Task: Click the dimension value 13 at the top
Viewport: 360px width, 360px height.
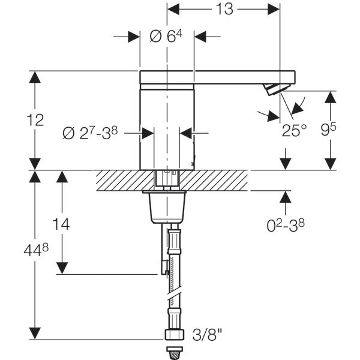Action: pyautogui.click(x=224, y=9)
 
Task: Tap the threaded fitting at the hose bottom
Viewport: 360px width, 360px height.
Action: pyautogui.click(x=173, y=334)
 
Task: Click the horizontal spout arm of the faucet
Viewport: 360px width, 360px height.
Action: pyautogui.click(x=240, y=77)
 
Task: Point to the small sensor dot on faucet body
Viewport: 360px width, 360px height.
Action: pyautogui.click(x=193, y=163)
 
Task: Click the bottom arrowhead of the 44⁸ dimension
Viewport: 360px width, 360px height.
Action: pyautogui.click(x=35, y=334)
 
